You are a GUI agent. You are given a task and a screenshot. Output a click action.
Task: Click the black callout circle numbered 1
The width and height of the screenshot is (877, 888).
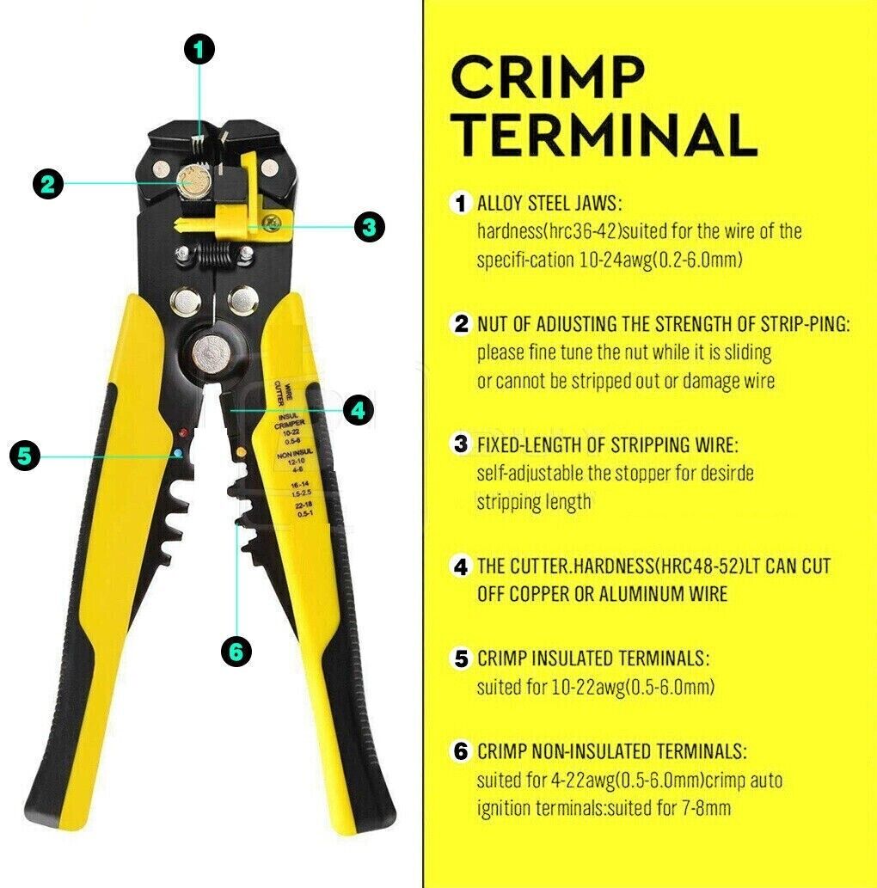point(199,49)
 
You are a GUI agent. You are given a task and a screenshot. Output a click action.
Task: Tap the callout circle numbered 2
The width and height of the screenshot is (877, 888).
point(48,183)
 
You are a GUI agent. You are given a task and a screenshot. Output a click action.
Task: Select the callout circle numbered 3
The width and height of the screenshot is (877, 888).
point(370,227)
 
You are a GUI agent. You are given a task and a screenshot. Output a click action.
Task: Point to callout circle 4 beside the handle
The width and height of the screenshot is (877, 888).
point(358,409)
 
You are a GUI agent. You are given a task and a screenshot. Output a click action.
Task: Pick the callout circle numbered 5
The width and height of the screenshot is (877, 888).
point(25,456)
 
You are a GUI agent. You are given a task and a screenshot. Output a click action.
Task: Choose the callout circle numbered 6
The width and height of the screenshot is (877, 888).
point(236,652)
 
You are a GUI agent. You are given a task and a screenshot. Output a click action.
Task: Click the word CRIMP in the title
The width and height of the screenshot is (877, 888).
point(548,77)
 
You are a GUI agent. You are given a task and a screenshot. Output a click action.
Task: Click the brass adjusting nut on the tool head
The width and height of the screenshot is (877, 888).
point(193,181)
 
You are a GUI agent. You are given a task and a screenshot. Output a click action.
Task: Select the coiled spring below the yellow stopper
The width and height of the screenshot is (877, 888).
point(215,254)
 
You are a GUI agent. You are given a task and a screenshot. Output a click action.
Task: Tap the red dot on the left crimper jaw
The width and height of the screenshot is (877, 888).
point(183,433)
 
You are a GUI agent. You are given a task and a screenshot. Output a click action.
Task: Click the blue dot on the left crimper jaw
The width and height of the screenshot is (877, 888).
point(179,453)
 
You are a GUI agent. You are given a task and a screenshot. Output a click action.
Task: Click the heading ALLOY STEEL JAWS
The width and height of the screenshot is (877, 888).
point(549,203)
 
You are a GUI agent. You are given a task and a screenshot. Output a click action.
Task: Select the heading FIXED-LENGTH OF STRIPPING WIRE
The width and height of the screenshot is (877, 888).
point(608,444)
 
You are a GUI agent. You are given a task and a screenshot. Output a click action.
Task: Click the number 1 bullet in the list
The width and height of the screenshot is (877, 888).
point(461,203)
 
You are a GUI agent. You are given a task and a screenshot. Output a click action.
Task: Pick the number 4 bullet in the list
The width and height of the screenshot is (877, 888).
point(461,566)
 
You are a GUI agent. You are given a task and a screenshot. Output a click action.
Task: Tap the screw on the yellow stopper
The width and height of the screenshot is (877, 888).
point(272,222)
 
